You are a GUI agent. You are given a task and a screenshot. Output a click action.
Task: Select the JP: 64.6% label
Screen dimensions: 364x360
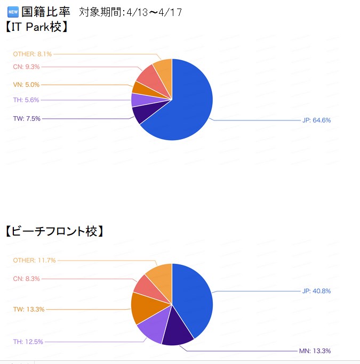(x=316, y=120)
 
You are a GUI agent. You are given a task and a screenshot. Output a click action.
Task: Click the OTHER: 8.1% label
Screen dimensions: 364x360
(x=33, y=54)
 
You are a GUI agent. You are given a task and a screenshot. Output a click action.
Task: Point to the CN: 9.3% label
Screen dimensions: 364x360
(x=26, y=67)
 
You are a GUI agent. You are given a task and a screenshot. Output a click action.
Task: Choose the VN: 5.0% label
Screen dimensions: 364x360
(x=26, y=85)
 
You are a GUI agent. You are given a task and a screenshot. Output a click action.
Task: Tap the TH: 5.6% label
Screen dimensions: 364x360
(x=26, y=100)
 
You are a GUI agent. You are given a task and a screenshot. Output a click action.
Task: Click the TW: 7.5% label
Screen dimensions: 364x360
(x=27, y=118)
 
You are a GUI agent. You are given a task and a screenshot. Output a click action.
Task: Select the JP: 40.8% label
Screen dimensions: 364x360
(x=316, y=291)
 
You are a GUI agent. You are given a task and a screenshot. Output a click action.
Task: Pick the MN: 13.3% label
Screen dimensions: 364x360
(x=315, y=351)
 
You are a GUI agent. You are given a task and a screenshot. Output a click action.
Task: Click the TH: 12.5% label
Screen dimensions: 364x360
(x=28, y=342)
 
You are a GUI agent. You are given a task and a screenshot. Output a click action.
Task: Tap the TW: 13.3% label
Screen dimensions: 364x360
(x=29, y=309)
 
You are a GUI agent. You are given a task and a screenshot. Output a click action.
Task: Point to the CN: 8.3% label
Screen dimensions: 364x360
(x=26, y=279)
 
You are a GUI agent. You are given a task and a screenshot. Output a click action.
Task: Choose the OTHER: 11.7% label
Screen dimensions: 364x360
(x=34, y=260)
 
